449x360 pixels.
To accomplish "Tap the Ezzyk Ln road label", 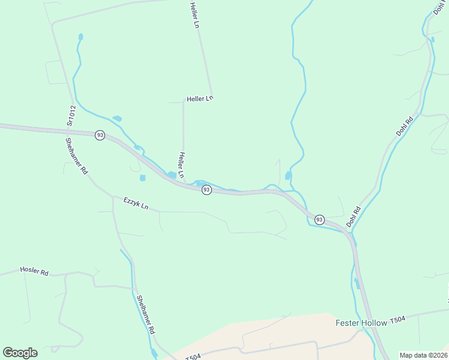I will click(x=136, y=203).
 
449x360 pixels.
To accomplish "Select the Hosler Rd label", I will click(x=34, y=271).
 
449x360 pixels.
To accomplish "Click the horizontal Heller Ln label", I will click(x=200, y=98).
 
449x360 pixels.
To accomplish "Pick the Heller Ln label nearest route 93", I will click(x=181, y=164).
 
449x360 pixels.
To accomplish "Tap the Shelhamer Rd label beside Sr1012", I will click(x=77, y=155).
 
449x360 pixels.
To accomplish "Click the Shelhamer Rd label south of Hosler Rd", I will click(x=145, y=314).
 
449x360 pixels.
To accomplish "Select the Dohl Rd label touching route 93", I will click(x=353, y=217).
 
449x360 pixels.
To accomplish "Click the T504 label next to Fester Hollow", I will click(x=397, y=320).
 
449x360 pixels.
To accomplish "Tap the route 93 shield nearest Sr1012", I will click(x=100, y=135).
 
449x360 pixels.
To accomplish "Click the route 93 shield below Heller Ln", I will click(x=206, y=190).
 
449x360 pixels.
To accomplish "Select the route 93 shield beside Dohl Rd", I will click(x=319, y=219).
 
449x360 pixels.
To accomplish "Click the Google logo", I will click(x=20, y=353).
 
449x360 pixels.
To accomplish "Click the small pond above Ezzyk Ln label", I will click(x=142, y=178).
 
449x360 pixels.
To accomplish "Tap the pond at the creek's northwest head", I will click(x=80, y=37).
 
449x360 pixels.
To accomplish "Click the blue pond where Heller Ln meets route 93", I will click(x=172, y=175).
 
